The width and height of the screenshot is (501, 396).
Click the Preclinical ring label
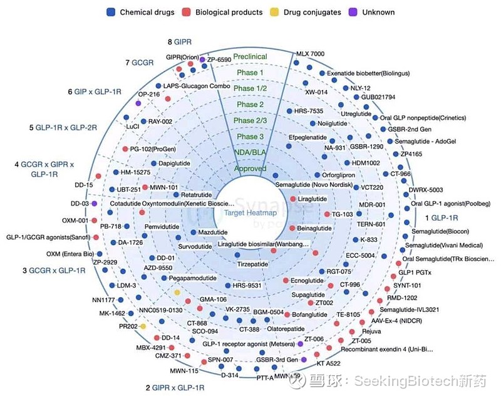tap(250, 57)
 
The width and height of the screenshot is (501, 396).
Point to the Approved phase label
tap(250, 169)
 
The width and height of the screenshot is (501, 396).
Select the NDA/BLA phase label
tap(250, 152)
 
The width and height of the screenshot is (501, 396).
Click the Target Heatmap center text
tap(250, 213)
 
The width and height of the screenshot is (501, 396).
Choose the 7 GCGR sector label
tap(142, 63)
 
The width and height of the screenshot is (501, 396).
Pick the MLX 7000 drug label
tap(310, 54)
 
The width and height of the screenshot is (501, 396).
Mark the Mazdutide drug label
tap(212, 232)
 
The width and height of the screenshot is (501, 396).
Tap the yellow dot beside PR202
tap(143, 326)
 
